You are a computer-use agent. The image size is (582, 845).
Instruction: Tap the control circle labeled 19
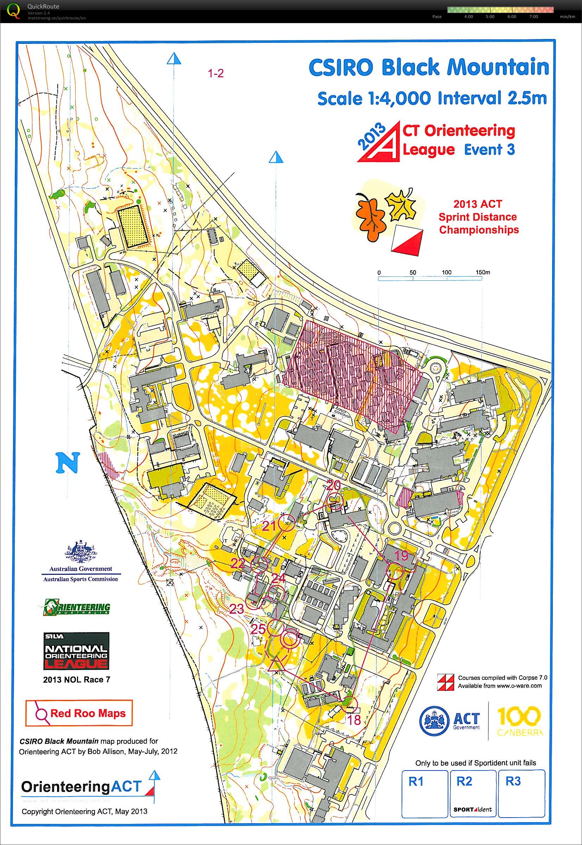click(394, 571)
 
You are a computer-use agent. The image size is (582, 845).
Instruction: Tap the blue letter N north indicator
click(68, 463)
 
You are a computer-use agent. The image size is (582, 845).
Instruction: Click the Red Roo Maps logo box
click(79, 713)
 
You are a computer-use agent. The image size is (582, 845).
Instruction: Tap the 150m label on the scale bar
click(483, 272)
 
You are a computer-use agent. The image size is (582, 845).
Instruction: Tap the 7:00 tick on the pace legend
click(533, 17)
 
